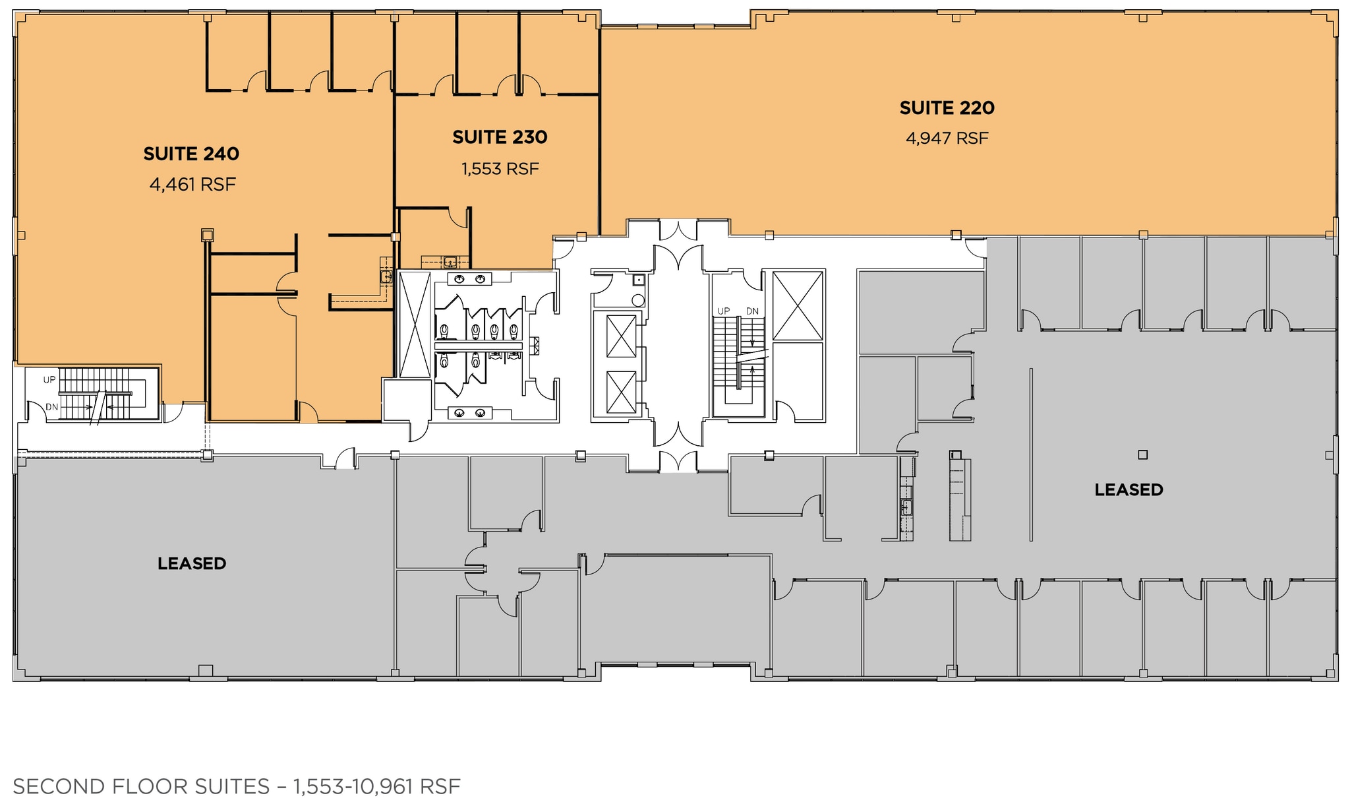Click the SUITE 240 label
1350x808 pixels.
[191, 154]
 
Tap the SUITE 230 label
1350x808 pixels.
[500, 137]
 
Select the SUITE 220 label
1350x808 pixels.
[947, 108]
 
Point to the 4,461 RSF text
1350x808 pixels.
[192, 185]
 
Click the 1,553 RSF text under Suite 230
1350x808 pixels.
[500, 170]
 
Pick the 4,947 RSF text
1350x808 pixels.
[947, 139]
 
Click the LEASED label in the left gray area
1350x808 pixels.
[192, 563]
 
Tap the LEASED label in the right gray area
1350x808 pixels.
[1129, 489]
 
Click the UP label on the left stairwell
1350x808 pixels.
[49, 380]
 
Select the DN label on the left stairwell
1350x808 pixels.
[52, 407]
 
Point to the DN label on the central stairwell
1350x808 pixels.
[752, 311]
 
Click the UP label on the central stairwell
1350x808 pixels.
[724, 311]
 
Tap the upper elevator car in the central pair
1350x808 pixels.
[621, 336]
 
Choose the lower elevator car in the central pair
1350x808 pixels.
[621, 392]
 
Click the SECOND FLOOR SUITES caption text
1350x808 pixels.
[141, 786]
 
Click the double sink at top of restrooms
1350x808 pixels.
[469, 279]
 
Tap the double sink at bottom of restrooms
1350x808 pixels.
[469, 413]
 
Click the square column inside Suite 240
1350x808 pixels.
[207, 235]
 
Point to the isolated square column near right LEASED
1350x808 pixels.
[1143, 454]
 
